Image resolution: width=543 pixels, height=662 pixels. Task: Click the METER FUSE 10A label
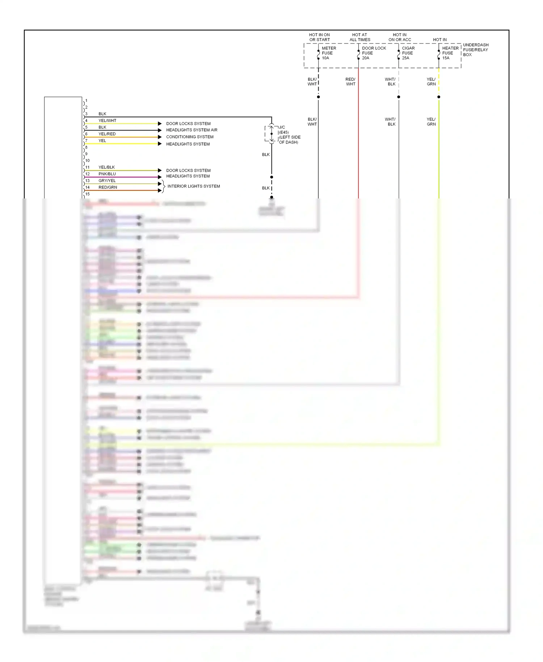point(329,53)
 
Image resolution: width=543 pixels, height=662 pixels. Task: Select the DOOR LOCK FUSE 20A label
point(374,53)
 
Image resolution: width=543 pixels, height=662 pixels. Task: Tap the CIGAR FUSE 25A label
point(408,53)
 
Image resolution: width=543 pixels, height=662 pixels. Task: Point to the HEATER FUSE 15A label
point(450,53)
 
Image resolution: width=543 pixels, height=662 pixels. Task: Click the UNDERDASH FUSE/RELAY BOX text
point(475,50)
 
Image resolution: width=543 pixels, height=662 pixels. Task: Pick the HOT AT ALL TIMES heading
point(359,37)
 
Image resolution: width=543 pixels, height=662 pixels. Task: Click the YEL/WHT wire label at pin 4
point(107,121)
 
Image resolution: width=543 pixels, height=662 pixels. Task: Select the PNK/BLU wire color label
point(107,174)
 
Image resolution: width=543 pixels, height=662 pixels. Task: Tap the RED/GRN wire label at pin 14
point(108,187)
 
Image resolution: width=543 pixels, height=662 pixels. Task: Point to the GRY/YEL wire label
point(107,181)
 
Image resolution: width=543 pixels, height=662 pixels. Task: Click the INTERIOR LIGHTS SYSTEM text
point(193,186)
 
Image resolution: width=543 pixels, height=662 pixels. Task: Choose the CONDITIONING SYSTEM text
point(190,137)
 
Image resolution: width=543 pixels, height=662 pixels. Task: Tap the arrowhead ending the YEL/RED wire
point(160,137)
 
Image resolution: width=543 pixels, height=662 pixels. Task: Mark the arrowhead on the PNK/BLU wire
point(160,177)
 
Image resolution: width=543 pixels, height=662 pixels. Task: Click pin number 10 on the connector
point(87,160)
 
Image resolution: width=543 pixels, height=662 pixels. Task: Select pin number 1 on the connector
point(86,101)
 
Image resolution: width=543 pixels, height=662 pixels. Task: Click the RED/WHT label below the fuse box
point(350,81)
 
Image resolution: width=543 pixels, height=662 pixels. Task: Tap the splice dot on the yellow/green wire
point(439,97)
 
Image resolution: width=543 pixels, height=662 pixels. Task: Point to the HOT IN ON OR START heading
point(319,37)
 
